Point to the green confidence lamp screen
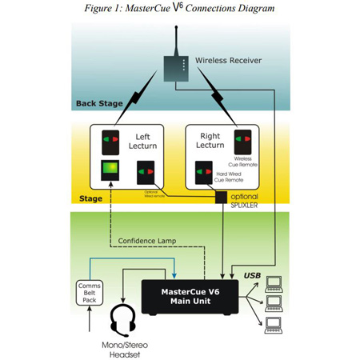pyautogui.click(x=110, y=170)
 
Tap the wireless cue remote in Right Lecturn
pyautogui.click(x=242, y=142)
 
